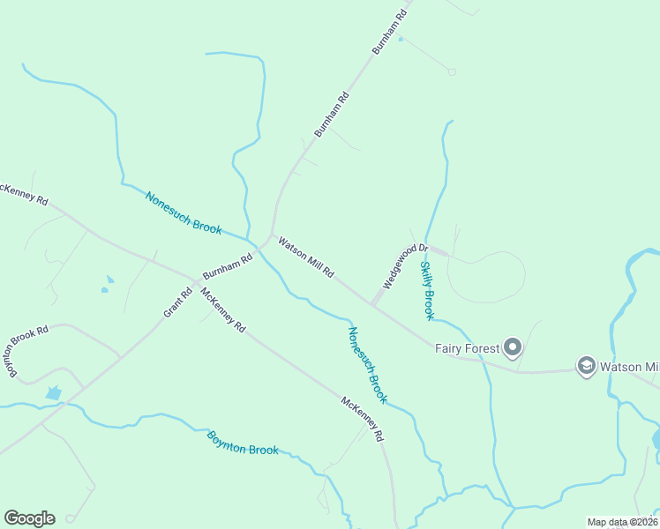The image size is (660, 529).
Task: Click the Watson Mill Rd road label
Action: pyautogui.click(x=306, y=257)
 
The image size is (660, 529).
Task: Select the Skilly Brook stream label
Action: pyautogui.click(x=427, y=290)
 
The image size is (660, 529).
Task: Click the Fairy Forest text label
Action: pyautogui.click(x=467, y=347)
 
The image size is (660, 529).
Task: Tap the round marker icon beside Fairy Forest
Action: pyautogui.click(x=513, y=346)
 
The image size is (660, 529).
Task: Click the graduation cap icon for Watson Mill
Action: pyautogui.click(x=586, y=366)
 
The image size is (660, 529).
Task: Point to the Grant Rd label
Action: pyautogui.click(x=177, y=303)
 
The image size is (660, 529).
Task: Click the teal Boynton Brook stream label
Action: pyautogui.click(x=243, y=443)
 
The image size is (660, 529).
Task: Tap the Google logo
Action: pyautogui.click(x=29, y=518)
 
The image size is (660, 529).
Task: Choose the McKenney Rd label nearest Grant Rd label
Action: pyautogui.click(x=222, y=309)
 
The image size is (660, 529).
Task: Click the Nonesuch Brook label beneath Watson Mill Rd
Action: pyautogui.click(x=367, y=365)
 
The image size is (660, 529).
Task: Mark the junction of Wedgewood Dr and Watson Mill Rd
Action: pyautogui.click(x=372, y=305)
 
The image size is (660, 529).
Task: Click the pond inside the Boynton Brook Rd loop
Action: pyautogui.click(x=53, y=392)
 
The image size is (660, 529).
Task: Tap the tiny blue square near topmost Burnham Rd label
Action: pyautogui.click(x=401, y=39)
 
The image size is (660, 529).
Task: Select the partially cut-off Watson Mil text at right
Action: pyautogui.click(x=629, y=366)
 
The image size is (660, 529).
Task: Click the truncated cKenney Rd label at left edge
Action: pyautogui.click(x=23, y=195)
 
